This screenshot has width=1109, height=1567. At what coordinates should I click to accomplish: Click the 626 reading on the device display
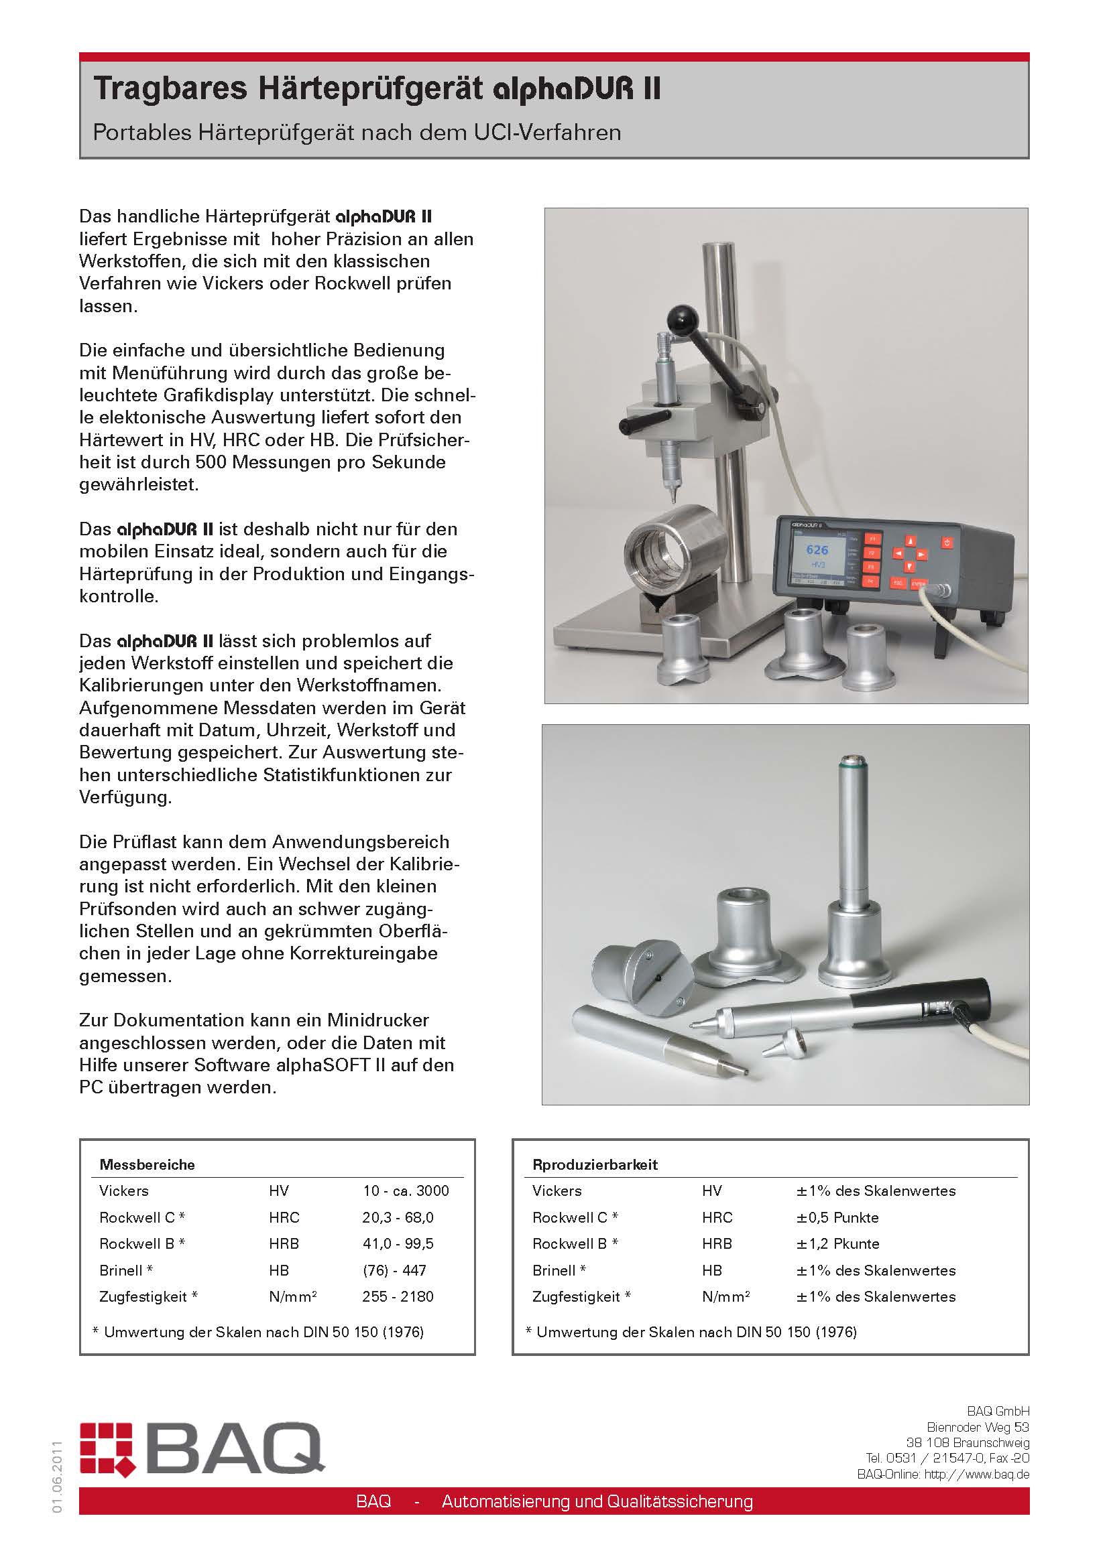pyautogui.click(x=817, y=549)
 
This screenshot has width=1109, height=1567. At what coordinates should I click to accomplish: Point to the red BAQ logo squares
pyautogui.click(x=106, y=1448)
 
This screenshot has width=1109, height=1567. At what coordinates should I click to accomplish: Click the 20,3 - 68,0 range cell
pyautogui.click(x=398, y=1217)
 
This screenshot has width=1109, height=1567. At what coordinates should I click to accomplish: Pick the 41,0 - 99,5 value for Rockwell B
pyautogui.click(x=398, y=1243)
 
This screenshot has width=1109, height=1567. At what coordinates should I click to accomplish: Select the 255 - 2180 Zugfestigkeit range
pyautogui.click(x=398, y=1296)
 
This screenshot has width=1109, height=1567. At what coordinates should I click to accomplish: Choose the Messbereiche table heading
pyautogui.click(x=147, y=1164)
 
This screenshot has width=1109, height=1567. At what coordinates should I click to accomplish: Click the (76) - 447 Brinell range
pyautogui.click(x=394, y=1270)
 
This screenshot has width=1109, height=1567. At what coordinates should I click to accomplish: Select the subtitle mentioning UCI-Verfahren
pyautogui.click(x=357, y=133)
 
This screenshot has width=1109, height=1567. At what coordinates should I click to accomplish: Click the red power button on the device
pyautogui.click(x=947, y=543)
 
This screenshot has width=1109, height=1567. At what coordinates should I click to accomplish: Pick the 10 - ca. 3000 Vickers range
pyautogui.click(x=406, y=1191)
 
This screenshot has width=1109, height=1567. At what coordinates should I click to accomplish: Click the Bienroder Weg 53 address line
pyautogui.click(x=977, y=1427)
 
